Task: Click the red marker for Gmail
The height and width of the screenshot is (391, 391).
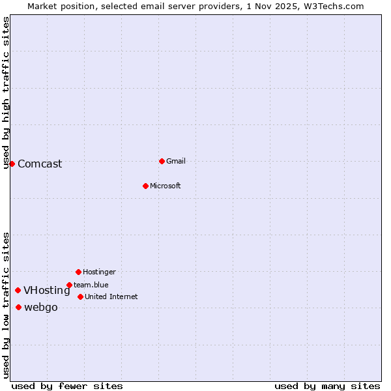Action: [x=162, y=161]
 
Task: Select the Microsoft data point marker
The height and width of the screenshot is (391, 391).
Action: [x=145, y=186]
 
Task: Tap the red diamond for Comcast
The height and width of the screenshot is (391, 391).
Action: [x=12, y=164]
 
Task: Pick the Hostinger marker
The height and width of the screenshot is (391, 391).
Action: [x=78, y=272]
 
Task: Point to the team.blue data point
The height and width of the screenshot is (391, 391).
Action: [x=69, y=285]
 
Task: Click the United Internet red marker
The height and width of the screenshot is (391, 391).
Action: [x=80, y=297]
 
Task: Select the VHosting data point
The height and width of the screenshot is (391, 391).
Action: [x=18, y=291]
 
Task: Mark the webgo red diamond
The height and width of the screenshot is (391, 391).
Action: [x=18, y=308]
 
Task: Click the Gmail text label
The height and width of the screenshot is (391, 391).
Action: [x=176, y=161]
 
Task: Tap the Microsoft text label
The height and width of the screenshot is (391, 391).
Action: [x=166, y=186]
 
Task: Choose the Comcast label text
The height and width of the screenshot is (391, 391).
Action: [x=40, y=164]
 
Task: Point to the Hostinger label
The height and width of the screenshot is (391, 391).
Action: [x=99, y=272]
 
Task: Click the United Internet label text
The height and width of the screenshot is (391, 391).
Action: [x=111, y=297]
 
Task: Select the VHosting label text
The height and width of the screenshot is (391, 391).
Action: [x=47, y=291]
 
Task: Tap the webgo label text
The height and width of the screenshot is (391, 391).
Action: [x=41, y=308]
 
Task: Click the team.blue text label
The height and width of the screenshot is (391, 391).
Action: [x=91, y=285]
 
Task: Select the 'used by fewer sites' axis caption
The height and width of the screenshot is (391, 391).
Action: [x=67, y=386]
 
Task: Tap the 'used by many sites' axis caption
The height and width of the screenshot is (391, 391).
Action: [x=327, y=386]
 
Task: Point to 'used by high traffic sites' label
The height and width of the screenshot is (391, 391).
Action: [x=7, y=93]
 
